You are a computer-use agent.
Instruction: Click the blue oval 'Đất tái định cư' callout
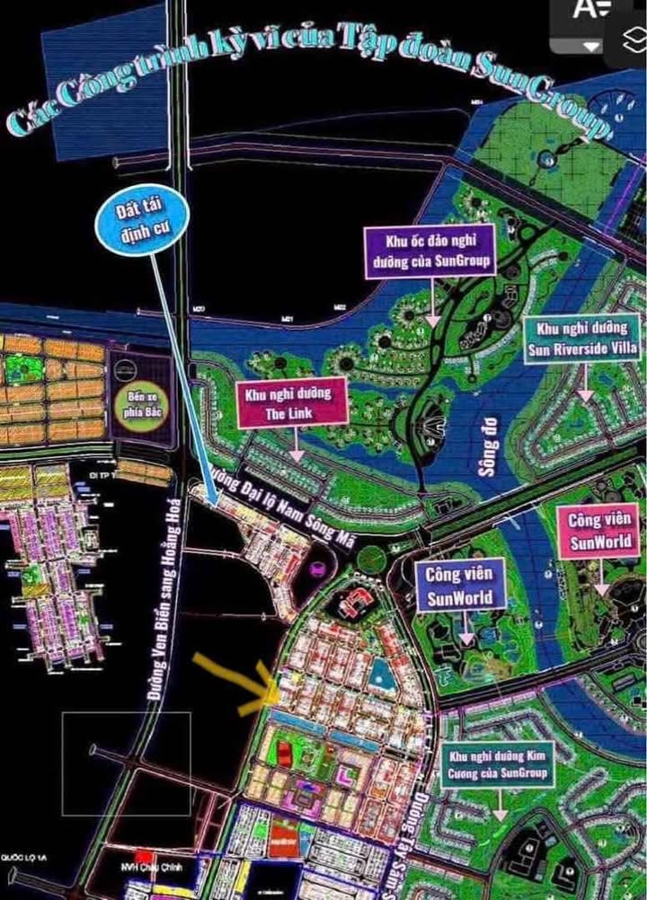(143, 221)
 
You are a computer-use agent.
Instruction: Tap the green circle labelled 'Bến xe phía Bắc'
(136, 408)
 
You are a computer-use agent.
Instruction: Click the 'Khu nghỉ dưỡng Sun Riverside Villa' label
(584, 338)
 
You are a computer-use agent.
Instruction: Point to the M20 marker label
(199, 311)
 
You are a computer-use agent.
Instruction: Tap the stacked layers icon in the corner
(634, 39)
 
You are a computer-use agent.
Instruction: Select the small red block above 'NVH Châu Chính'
(141, 854)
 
